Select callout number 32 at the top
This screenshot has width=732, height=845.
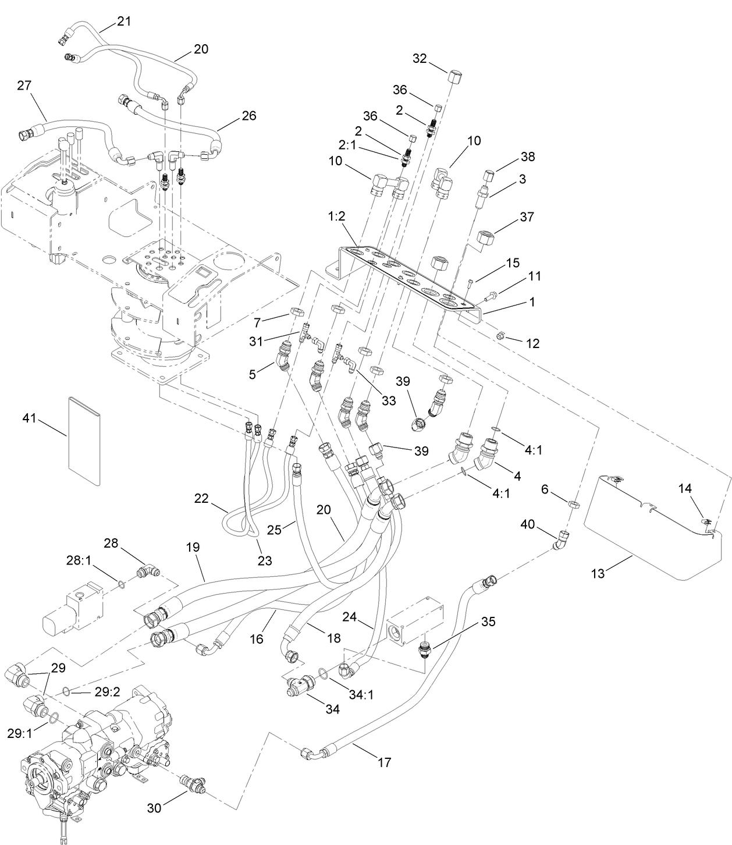tap(420, 58)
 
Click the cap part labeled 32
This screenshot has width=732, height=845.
tap(456, 77)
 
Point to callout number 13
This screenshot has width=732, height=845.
tap(598, 573)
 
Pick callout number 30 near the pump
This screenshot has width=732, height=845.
tap(155, 807)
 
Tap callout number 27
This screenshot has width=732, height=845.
tap(24, 86)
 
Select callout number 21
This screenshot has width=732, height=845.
tap(124, 22)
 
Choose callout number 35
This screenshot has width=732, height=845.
tap(488, 622)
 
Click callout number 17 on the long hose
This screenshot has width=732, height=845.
tap(384, 762)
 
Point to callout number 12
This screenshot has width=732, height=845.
tap(532, 343)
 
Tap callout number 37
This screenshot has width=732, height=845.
tap(527, 217)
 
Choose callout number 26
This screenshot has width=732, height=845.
tap(249, 115)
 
